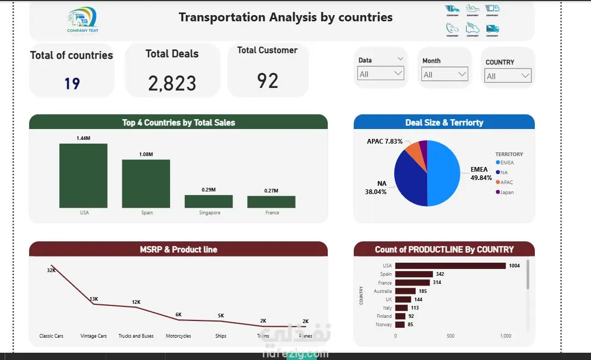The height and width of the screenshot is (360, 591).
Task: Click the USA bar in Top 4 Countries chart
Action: [83, 175]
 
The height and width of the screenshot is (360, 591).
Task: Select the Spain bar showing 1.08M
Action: [146, 184]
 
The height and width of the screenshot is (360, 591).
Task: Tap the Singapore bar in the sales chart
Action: [209, 201]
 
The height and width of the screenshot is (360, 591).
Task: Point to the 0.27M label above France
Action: [271, 191]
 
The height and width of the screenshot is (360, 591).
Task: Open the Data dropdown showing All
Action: [381, 74]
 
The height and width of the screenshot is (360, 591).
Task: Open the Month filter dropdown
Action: [444, 74]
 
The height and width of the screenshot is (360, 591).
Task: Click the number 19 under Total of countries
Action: [72, 83]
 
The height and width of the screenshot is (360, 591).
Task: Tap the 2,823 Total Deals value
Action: [172, 83]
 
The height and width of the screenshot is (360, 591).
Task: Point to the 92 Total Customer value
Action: [268, 81]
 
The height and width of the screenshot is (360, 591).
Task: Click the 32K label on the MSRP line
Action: [51, 270]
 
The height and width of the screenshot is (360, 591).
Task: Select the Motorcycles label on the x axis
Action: [178, 336]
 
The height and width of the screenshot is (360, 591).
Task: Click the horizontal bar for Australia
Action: [405, 291]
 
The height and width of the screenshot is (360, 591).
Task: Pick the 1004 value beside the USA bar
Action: [515, 266]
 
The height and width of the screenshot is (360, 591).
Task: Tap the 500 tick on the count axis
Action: [451, 336]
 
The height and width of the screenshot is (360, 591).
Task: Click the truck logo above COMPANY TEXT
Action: [82, 18]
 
